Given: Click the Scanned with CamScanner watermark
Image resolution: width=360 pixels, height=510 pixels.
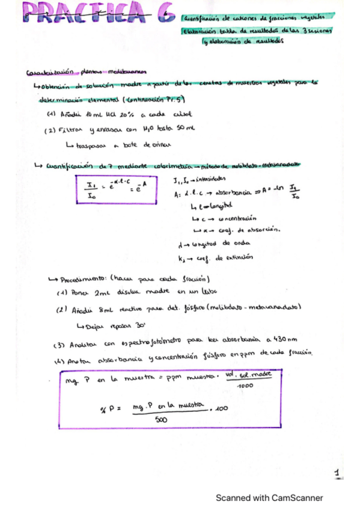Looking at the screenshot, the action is (270, 498).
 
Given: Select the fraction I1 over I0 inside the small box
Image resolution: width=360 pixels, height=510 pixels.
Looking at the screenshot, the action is (92, 189).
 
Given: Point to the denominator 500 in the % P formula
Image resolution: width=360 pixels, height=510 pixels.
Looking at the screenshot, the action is (160, 420).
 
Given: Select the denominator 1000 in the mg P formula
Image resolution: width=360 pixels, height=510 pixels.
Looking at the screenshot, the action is (243, 386).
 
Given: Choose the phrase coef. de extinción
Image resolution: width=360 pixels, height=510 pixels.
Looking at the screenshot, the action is (228, 257).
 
